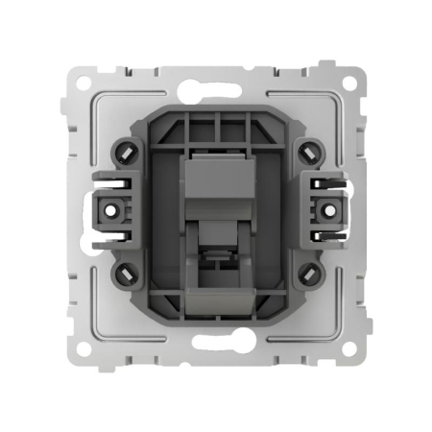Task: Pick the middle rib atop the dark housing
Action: click(x=216, y=125)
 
